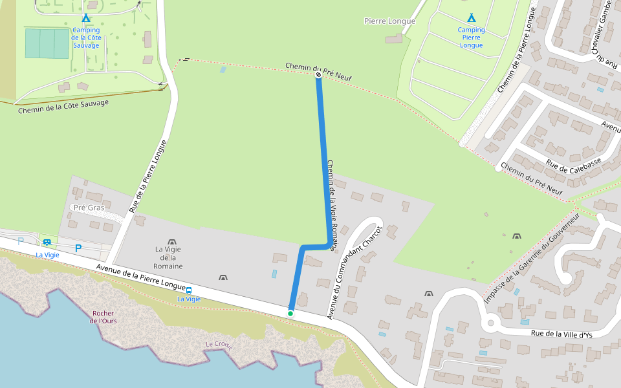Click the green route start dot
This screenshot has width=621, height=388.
pyautogui.click(x=290, y=314)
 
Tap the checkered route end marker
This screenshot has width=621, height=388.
pyautogui.click(x=318, y=76)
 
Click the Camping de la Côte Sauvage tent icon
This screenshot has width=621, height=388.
pyautogui.click(x=86, y=18)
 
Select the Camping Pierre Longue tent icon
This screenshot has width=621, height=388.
pyautogui.click(x=471, y=17)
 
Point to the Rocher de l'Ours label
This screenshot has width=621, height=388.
pyautogui.click(x=103, y=318)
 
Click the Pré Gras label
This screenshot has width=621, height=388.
pyautogui.click(x=89, y=208)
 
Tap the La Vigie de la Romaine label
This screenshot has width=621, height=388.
pyautogui.click(x=168, y=257)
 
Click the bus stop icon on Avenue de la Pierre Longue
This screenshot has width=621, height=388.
pyautogui.click(x=189, y=290)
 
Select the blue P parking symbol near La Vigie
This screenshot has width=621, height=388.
pyautogui.click(x=78, y=248)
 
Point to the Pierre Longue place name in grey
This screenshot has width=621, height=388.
pyautogui.click(x=389, y=21)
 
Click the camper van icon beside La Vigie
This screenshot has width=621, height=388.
pyautogui.click(x=47, y=242)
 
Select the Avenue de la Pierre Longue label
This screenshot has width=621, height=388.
pyautogui.click(x=140, y=279)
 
